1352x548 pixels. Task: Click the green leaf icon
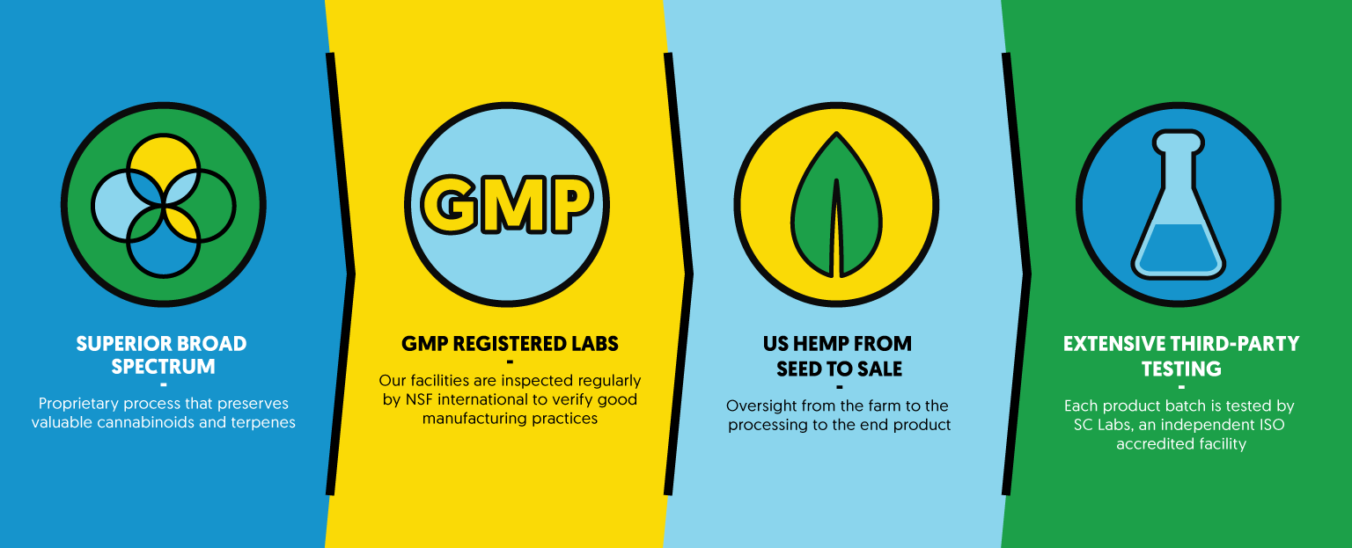tap(836, 205)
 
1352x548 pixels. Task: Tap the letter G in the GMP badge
tap(450, 204)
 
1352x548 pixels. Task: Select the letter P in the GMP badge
tap(570, 204)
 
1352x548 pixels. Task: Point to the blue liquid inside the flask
tap(1179, 248)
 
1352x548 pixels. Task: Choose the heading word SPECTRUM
tap(163, 367)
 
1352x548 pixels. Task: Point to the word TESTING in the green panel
tap(1181, 369)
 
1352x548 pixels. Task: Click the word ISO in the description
tap(1270, 424)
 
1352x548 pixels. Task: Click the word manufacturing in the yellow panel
tap(472, 419)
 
